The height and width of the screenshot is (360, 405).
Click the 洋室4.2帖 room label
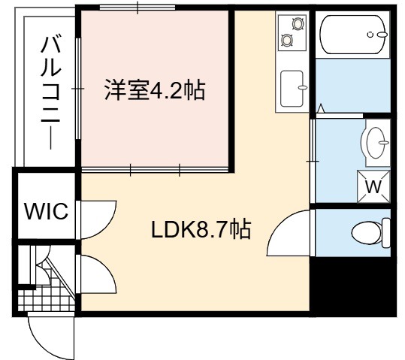coord(155,90)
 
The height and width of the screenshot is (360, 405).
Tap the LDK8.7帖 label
coord(201,229)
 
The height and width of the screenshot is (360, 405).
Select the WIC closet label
coord(47,211)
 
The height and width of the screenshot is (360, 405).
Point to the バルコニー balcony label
coord(50,93)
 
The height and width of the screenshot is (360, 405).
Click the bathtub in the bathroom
coord(352,35)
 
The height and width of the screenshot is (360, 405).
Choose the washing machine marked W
coord(373,186)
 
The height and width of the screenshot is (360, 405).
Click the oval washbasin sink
coord(376,143)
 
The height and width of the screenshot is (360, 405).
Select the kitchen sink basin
coord(292,89)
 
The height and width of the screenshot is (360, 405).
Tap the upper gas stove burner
coord(298,23)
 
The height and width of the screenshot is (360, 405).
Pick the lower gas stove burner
coord(286,40)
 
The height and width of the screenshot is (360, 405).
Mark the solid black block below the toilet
coord(352,286)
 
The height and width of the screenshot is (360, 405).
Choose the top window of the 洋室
coord(138,8)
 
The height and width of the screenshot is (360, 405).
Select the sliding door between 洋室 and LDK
coord(155,170)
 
